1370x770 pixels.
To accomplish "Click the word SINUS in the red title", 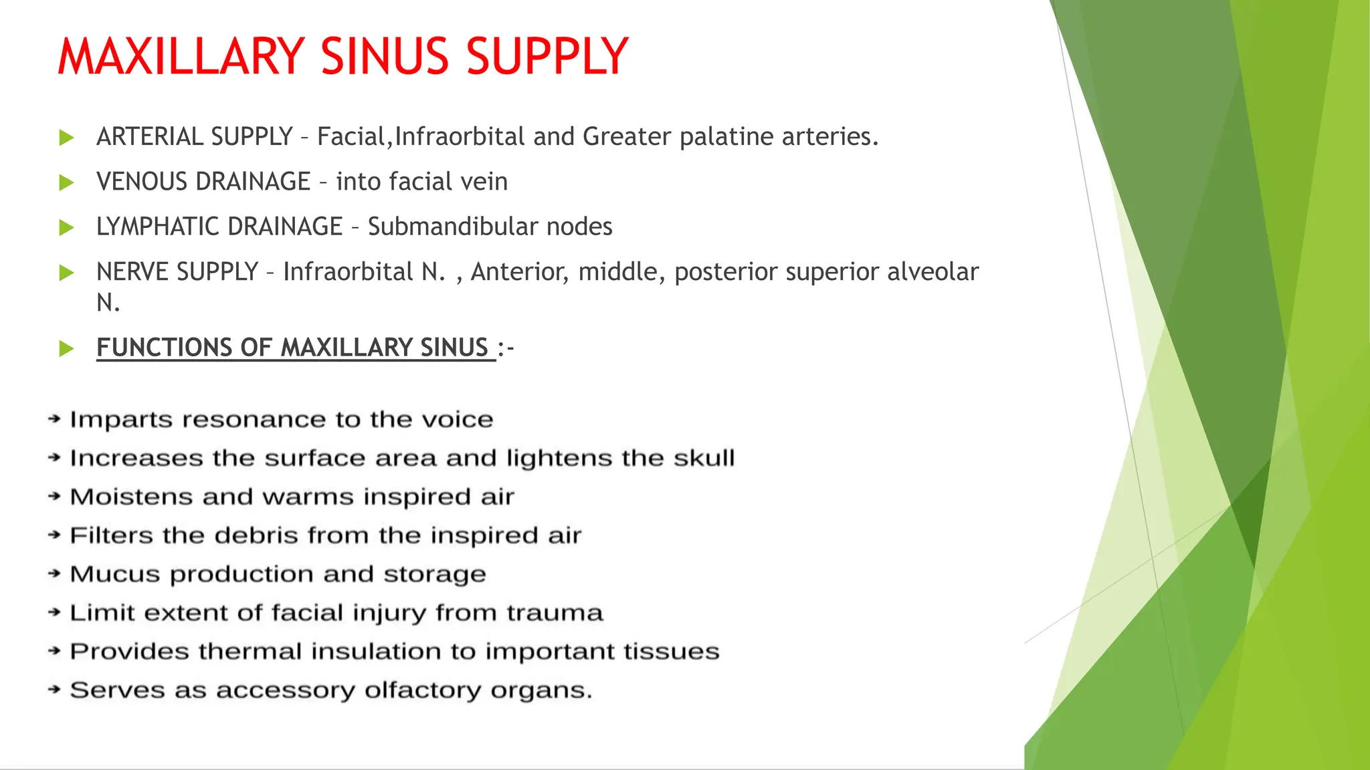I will tap(384, 56).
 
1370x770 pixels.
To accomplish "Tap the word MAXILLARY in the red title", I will tap(181, 56).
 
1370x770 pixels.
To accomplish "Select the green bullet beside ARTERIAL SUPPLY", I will tap(66, 138).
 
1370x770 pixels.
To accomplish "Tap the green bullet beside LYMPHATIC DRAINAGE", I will tap(66, 228).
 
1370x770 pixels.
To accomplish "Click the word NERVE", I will tap(132, 272).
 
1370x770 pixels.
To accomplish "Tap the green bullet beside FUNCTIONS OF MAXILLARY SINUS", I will tap(66, 348).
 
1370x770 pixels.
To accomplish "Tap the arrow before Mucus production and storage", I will tap(54, 574).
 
